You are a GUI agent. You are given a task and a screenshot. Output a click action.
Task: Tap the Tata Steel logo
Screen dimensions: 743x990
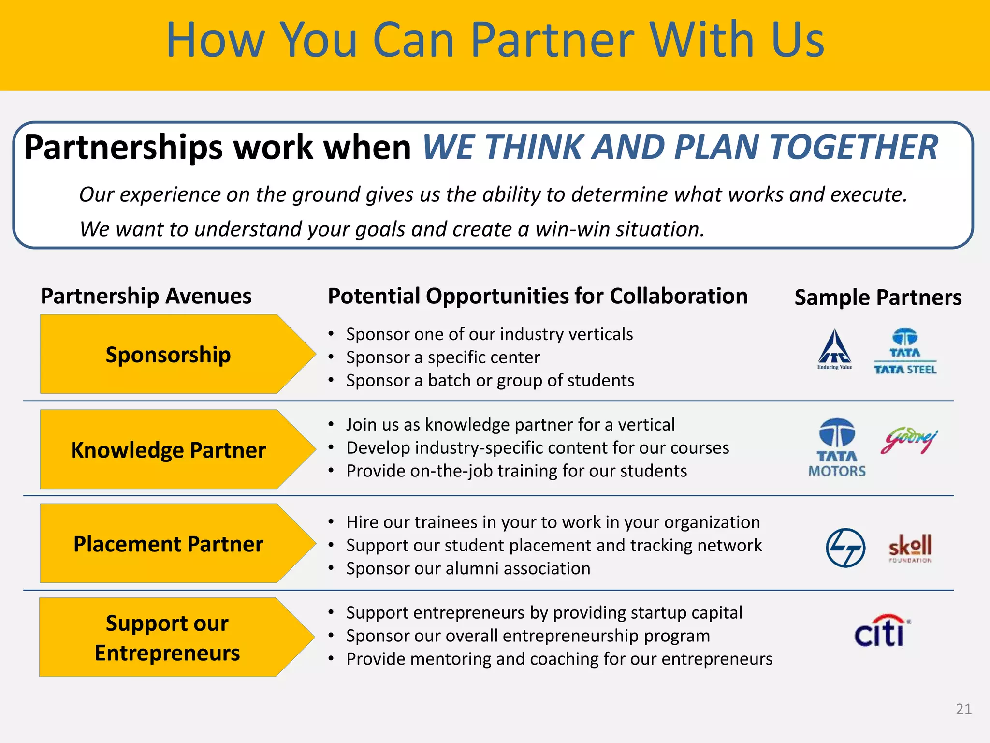(905, 352)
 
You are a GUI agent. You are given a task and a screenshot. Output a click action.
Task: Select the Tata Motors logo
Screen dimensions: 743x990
(837, 448)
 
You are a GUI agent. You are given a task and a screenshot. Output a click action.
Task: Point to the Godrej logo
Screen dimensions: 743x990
(909, 441)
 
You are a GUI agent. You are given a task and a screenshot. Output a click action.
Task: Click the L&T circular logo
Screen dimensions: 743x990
(845, 548)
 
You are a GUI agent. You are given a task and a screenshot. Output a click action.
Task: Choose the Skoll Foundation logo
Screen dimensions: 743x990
(910, 548)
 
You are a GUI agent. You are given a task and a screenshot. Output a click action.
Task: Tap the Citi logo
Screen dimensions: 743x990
(882, 631)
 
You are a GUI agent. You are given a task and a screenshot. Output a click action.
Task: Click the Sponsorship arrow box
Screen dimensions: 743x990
(168, 354)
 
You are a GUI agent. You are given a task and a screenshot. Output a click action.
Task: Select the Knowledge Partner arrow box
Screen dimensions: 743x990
(168, 449)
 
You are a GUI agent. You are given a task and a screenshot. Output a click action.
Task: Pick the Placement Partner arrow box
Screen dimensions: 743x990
(168, 543)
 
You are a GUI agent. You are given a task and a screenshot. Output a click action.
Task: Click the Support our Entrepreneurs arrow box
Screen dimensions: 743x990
(167, 638)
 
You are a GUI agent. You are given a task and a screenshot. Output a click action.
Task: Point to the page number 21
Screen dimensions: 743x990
(963, 709)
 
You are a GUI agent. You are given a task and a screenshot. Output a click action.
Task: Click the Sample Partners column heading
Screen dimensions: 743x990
(878, 297)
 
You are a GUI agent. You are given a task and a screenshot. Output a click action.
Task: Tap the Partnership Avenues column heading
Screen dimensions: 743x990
(146, 296)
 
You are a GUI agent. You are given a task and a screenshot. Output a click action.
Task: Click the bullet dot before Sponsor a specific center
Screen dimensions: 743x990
(331, 357)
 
